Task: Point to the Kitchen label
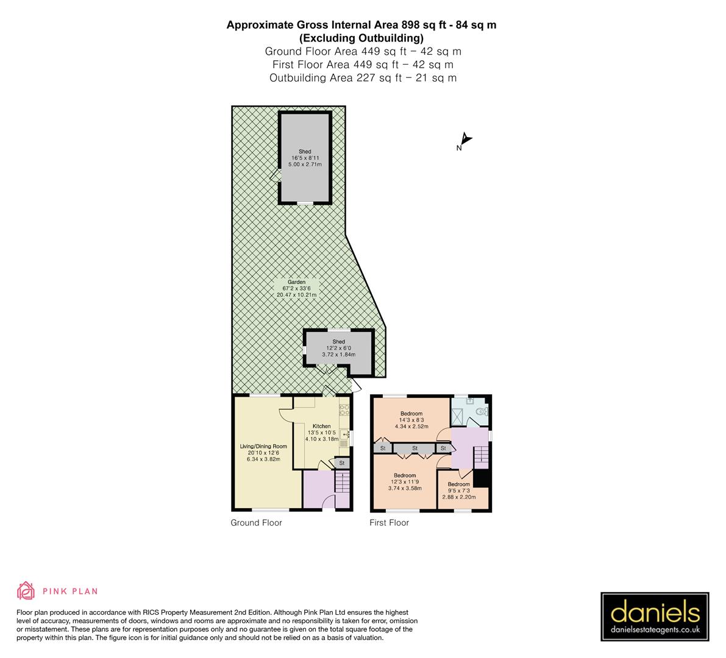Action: click(321, 426)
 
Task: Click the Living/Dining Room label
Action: click(263, 447)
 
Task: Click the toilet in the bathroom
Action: click(482, 412)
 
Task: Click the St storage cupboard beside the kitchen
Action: click(342, 463)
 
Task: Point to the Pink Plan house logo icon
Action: click(26, 590)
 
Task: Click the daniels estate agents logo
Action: click(655, 617)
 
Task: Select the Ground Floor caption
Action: click(256, 523)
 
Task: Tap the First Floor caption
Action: click(389, 523)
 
